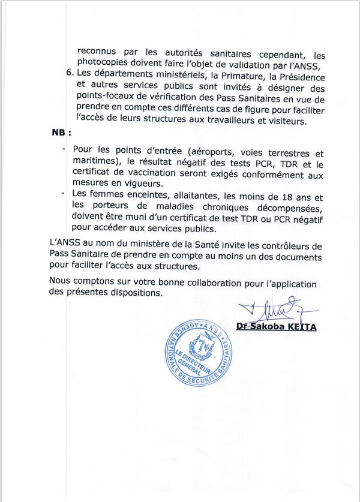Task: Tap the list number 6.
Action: coord(67,77)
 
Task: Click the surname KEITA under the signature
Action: coord(300,327)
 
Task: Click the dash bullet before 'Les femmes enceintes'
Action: coord(64,194)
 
